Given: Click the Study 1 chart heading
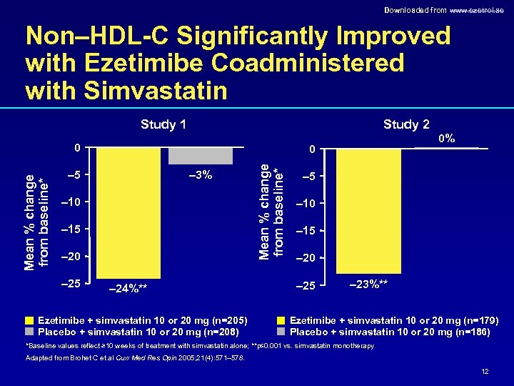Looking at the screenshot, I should click(x=163, y=125).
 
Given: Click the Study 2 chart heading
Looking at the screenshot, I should click(x=405, y=125).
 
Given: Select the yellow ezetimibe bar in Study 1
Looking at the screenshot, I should click(x=128, y=214).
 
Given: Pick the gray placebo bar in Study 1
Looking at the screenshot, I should click(x=211, y=156).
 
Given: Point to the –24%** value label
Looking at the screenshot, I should click(x=128, y=288).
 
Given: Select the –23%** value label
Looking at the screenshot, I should click(x=369, y=284).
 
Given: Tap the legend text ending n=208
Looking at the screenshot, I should click(x=138, y=331).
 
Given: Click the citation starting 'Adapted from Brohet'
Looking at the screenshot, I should click(x=134, y=358).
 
